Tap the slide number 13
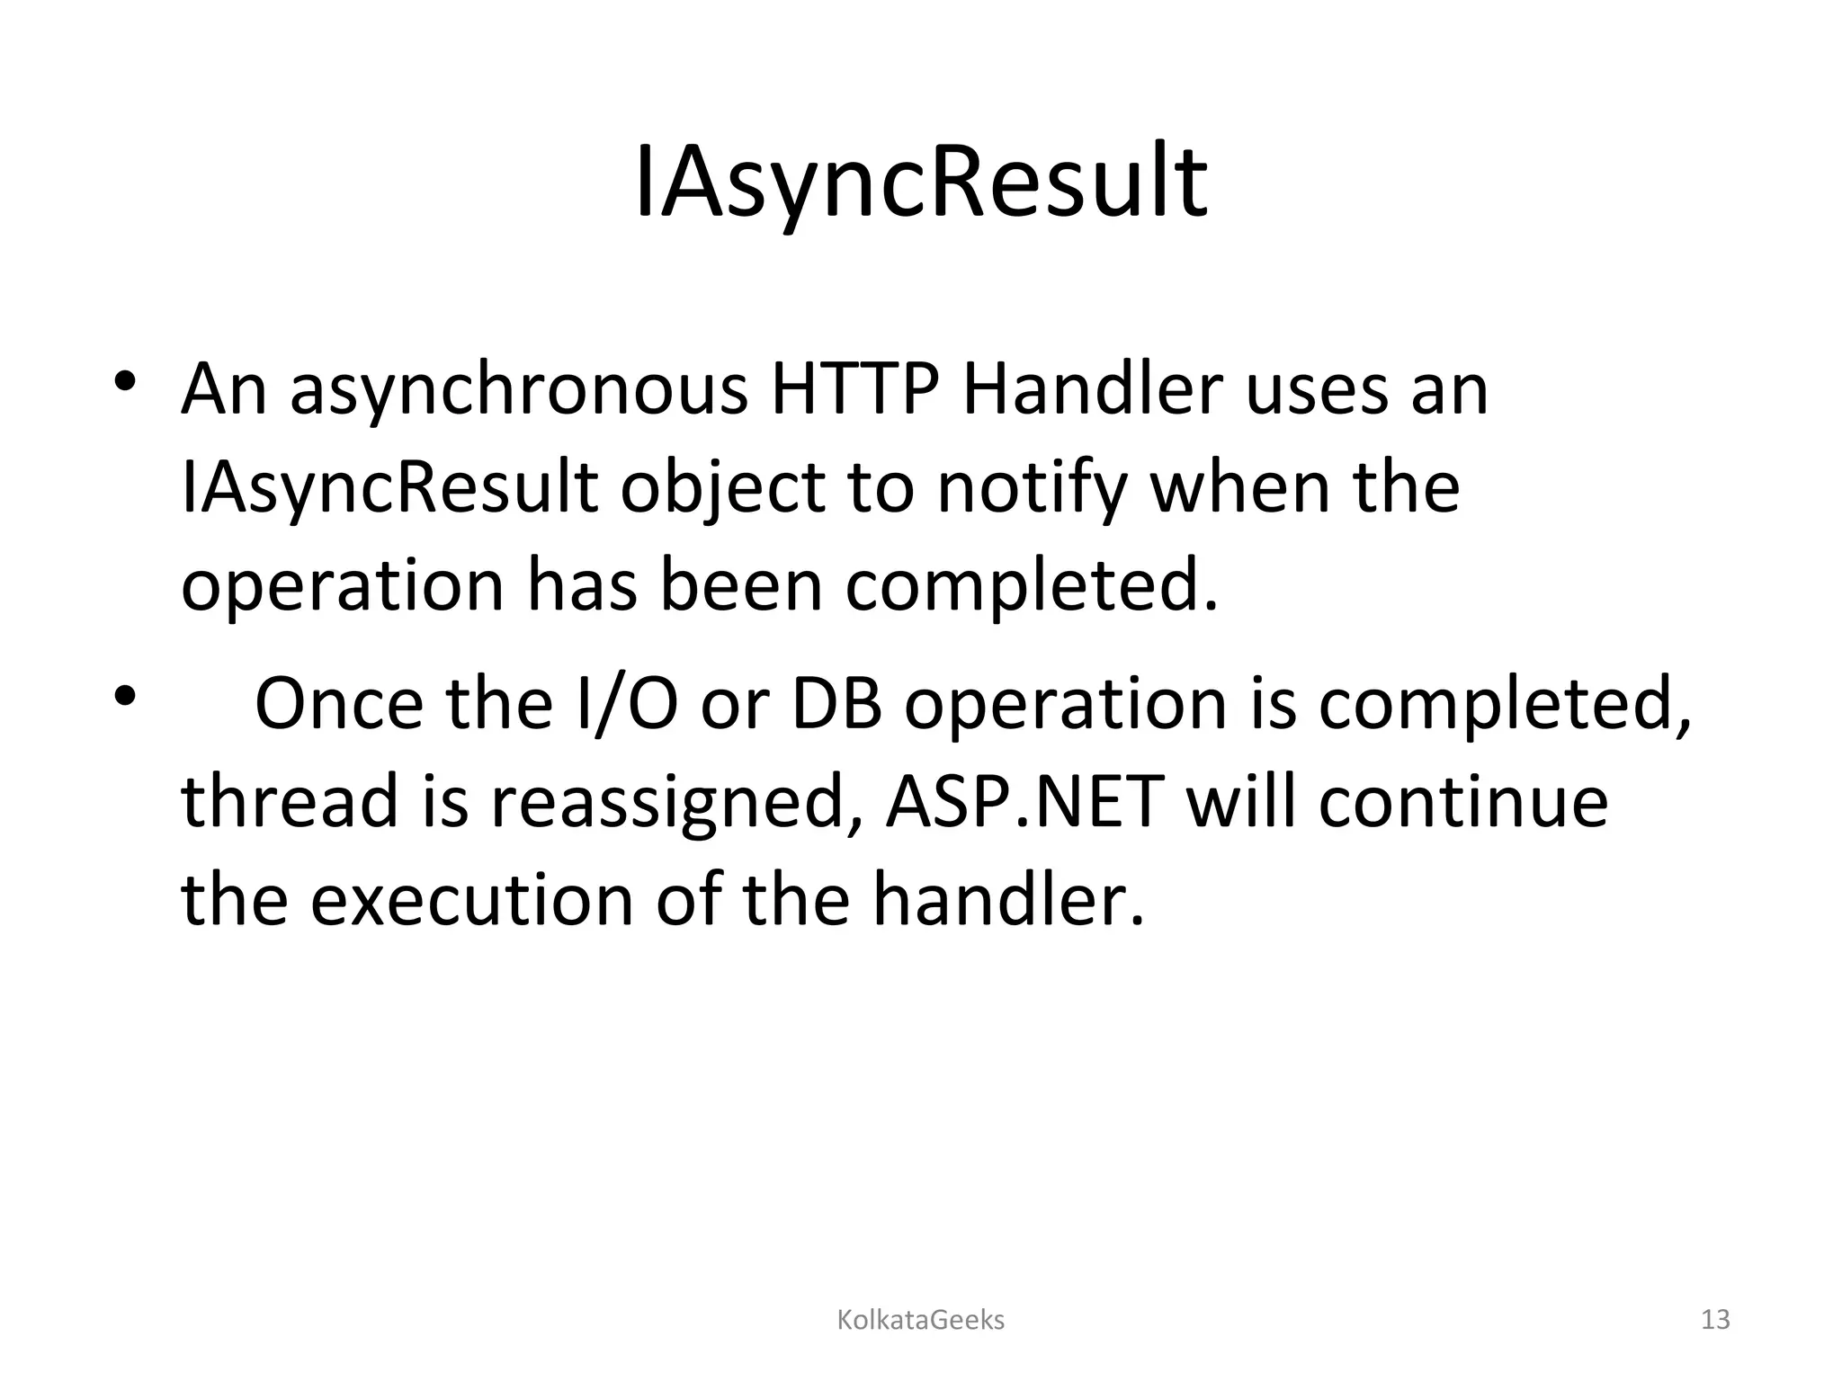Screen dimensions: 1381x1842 tap(1715, 1320)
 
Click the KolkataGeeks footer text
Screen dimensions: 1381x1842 tap(921, 1320)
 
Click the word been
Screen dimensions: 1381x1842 tap(741, 584)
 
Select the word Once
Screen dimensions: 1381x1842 tap(338, 704)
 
